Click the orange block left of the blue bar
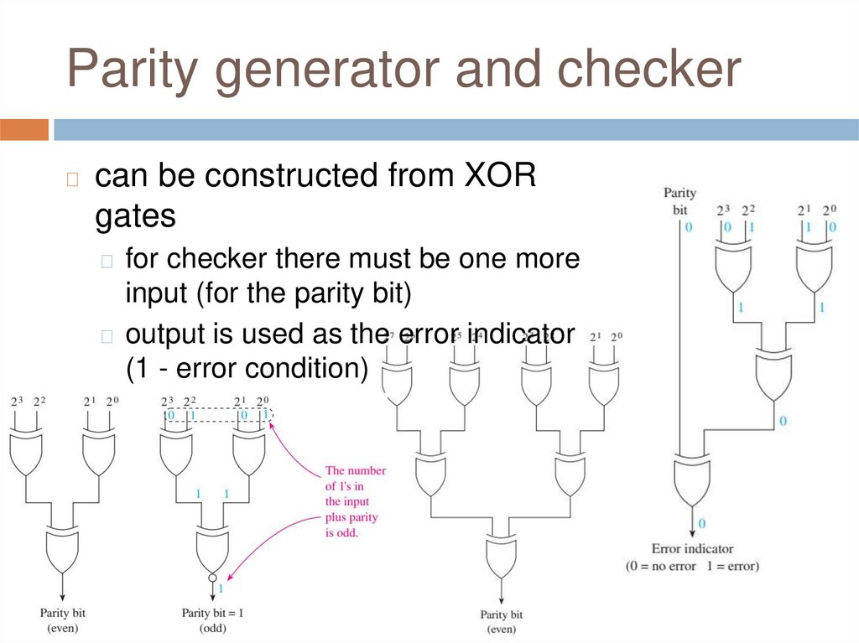(24, 130)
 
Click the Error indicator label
(692, 549)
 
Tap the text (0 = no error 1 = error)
(692, 566)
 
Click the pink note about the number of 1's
(351, 500)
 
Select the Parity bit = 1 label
(212, 613)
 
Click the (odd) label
(212, 628)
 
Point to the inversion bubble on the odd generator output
(212, 578)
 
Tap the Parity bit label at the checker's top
(679, 201)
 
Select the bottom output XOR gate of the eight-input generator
(501, 554)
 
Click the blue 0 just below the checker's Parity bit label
(688, 228)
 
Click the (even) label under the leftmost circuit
(62, 628)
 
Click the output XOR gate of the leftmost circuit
(62, 549)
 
